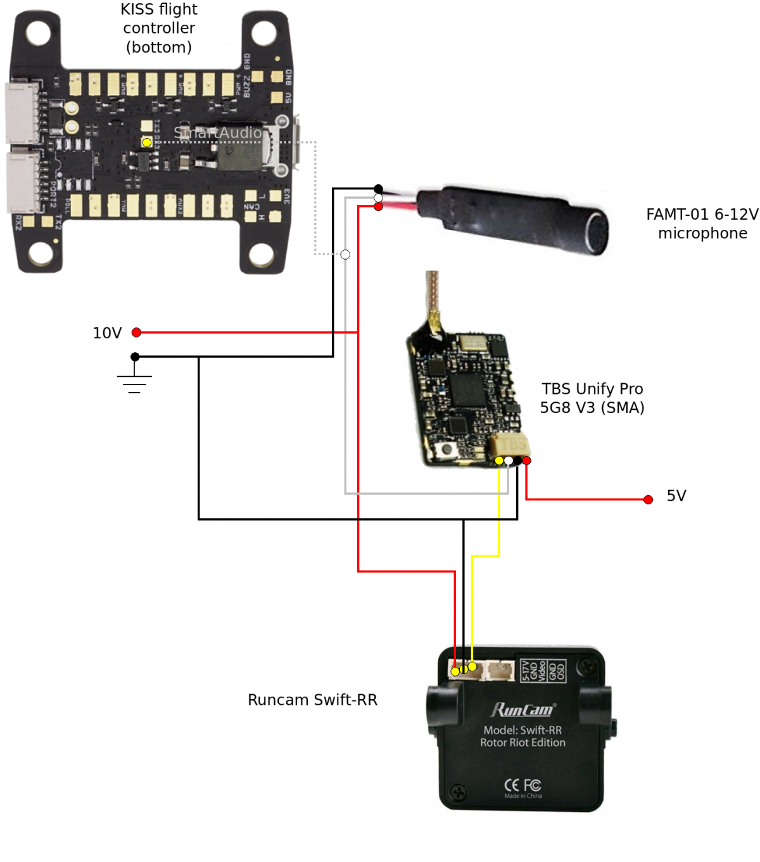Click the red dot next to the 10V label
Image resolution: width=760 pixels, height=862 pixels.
[136, 333]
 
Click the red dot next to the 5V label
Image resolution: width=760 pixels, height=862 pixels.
[648, 500]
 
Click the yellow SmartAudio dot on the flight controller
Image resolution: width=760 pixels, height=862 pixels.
[147, 143]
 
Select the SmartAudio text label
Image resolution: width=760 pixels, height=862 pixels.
[217, 132]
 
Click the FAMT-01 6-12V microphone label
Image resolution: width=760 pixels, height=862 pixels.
[702, 224]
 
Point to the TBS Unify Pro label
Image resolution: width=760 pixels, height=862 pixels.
[592, 398]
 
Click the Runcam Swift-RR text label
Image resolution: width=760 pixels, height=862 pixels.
[312, 700]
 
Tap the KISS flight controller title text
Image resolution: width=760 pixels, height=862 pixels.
[159, 28]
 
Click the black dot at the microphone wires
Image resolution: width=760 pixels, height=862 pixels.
[378, 189]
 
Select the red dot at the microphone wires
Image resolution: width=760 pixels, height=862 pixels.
[378, 206]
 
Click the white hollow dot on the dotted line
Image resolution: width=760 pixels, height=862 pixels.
[345, 255]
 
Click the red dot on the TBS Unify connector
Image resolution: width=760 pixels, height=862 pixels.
[526, 460]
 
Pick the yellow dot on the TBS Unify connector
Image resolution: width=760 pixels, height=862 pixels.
[499, 460]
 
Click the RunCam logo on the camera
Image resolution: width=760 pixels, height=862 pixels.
[522, 710]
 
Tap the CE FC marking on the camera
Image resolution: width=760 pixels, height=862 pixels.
[522, 785]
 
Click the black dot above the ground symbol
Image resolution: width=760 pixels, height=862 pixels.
[135, 357]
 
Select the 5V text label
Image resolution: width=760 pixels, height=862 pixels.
[676, 496]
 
